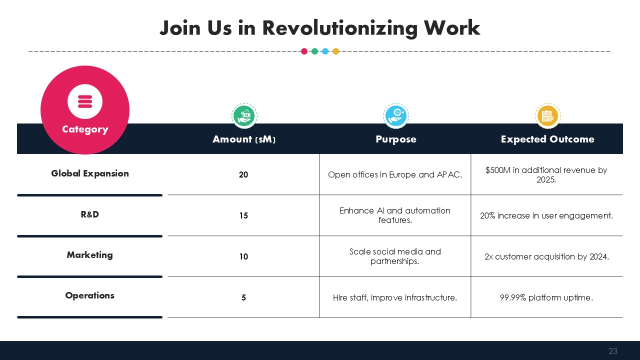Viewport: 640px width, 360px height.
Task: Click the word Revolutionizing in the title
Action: [x=339, y=28]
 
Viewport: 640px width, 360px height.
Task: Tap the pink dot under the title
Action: [x=304, y=51]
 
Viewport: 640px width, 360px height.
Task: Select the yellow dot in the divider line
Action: [x=335, y=51]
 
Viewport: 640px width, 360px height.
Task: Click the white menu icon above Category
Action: [x=85, y=101]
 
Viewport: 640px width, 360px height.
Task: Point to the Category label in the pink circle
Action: [x=85, y=129]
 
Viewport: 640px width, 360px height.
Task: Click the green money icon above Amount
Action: [x=244, y=116]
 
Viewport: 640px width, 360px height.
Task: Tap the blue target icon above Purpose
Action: [x=395, y=116]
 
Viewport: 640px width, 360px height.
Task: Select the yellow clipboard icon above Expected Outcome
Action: [x=547, y=116]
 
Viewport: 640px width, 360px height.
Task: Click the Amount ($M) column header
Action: [x=244, y=139]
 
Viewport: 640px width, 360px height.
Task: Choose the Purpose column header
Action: [x=395, y=139]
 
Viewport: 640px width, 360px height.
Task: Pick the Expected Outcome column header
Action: [x=547, y=139]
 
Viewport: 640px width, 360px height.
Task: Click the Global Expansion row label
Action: [x=89, y=173]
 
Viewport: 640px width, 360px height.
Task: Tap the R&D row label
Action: [x=89, y=214]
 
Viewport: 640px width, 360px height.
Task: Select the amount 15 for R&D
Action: [x=243, y=215]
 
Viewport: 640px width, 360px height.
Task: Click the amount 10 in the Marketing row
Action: [x=243, y=256]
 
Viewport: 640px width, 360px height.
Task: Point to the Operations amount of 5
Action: [x=243, y=297]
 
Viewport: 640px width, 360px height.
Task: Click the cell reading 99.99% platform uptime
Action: [x=546, y=297]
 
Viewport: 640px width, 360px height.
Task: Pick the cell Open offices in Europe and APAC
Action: [x=395, y=174]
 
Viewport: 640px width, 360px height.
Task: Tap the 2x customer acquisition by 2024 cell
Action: [x=546, y=256]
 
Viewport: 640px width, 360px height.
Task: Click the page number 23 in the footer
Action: [x=613, y=351]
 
